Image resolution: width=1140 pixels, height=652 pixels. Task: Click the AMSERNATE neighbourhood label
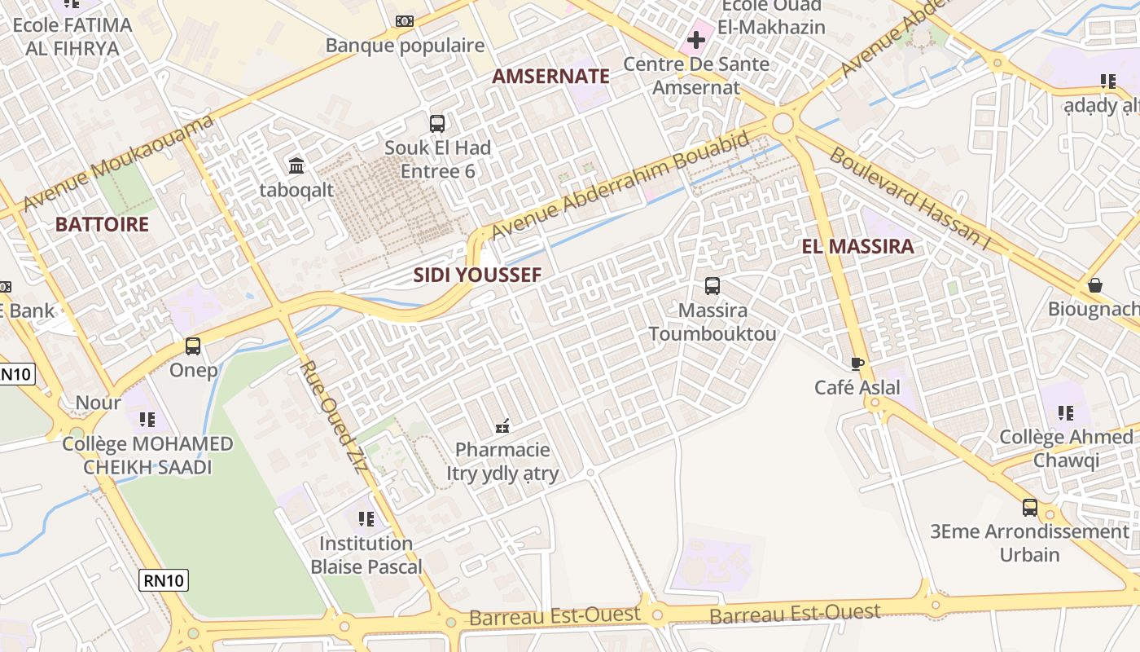550,77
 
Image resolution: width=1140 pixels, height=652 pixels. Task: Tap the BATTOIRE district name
102,225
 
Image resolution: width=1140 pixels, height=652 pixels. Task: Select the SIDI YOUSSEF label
477,275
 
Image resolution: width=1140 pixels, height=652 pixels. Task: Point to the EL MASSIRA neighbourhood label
857,247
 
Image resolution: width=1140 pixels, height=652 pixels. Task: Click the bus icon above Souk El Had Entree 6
437,124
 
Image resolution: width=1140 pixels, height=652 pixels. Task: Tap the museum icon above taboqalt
296,166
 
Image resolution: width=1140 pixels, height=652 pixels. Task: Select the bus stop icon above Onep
193,346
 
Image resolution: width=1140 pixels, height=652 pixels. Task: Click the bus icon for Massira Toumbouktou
712,286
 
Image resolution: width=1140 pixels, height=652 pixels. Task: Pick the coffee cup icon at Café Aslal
857,363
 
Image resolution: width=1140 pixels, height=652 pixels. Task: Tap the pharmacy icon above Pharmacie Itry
502,425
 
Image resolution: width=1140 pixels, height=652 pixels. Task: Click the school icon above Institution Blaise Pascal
366,518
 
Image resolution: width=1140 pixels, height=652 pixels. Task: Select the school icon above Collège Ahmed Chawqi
1065,413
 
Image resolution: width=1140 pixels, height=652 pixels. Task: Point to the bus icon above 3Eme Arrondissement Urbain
1030,508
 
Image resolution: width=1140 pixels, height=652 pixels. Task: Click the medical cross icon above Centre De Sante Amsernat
696,39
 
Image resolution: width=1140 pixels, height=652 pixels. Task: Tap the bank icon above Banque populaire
405,21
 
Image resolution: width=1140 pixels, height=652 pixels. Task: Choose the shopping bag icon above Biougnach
1095,285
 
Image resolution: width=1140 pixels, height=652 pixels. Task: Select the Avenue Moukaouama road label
120,163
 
